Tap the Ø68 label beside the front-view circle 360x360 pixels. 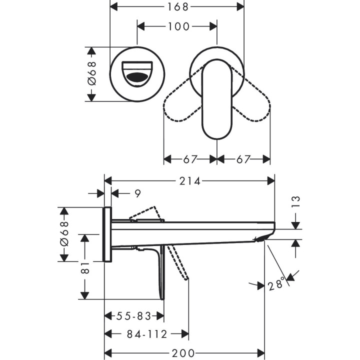[x=91, y=74]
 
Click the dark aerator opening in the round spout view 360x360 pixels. [x=138, y=78]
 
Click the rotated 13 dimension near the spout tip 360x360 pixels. [x=295, y=201]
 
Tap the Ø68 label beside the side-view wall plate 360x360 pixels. [x=64, y=233]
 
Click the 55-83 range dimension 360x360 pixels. [x=133, y=316]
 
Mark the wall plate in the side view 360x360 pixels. [x=107, y=233]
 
